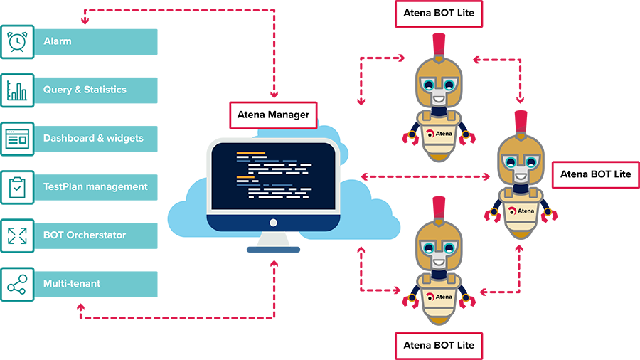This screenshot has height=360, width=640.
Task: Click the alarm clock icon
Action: coord(17,42)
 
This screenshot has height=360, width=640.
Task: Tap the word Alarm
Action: coord(58,42)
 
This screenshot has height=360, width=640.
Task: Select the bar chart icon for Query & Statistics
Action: coord(17,90)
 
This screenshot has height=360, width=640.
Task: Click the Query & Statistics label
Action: coord(85,90)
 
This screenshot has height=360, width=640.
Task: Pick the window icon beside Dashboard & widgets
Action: coord(17,139)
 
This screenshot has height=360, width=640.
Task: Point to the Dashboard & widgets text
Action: coord(93,139)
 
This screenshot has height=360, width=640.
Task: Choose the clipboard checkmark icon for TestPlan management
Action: coord(17,187)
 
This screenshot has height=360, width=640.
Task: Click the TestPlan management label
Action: coord(95,187)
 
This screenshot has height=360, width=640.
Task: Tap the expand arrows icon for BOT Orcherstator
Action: coord(17,235)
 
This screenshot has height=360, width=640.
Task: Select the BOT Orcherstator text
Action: coord(85,235)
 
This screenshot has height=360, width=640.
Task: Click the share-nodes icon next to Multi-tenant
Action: coord(17,284)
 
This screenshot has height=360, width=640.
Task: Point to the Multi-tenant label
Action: coord(72,284)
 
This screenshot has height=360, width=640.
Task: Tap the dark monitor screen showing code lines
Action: coord(274,176)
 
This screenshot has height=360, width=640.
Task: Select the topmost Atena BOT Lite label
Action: coord(438,12)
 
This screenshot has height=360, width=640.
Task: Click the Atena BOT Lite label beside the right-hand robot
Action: coord(595,174)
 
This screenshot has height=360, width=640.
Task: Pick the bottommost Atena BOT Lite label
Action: coord(438,345)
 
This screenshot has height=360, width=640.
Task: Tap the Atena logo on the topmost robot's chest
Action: coord(439,133)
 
